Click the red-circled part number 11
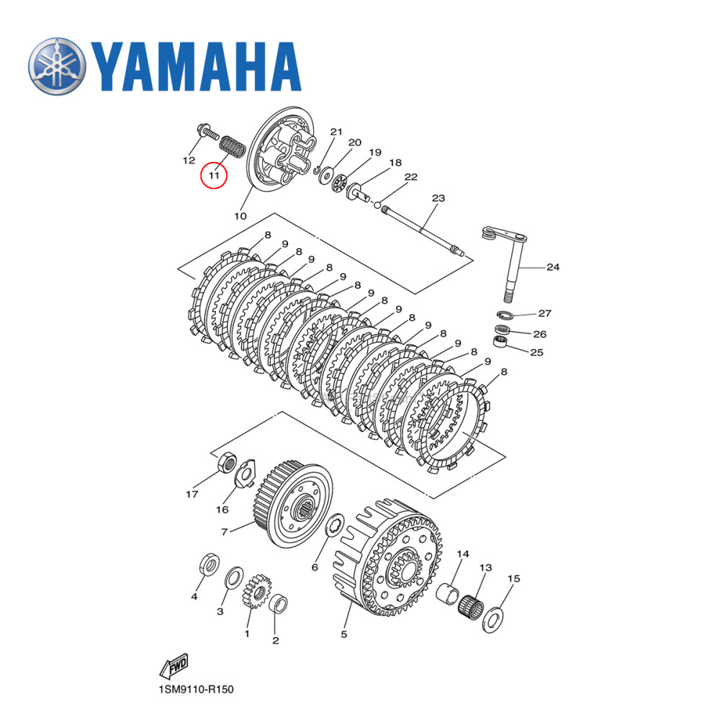click(x=214, y=174)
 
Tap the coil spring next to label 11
click(x=231, y=146)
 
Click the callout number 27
click(x=545, y=313)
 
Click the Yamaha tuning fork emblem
click(x=56, y=66)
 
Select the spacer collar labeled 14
click(x=449, y=594)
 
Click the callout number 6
click(x=315, y=567)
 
